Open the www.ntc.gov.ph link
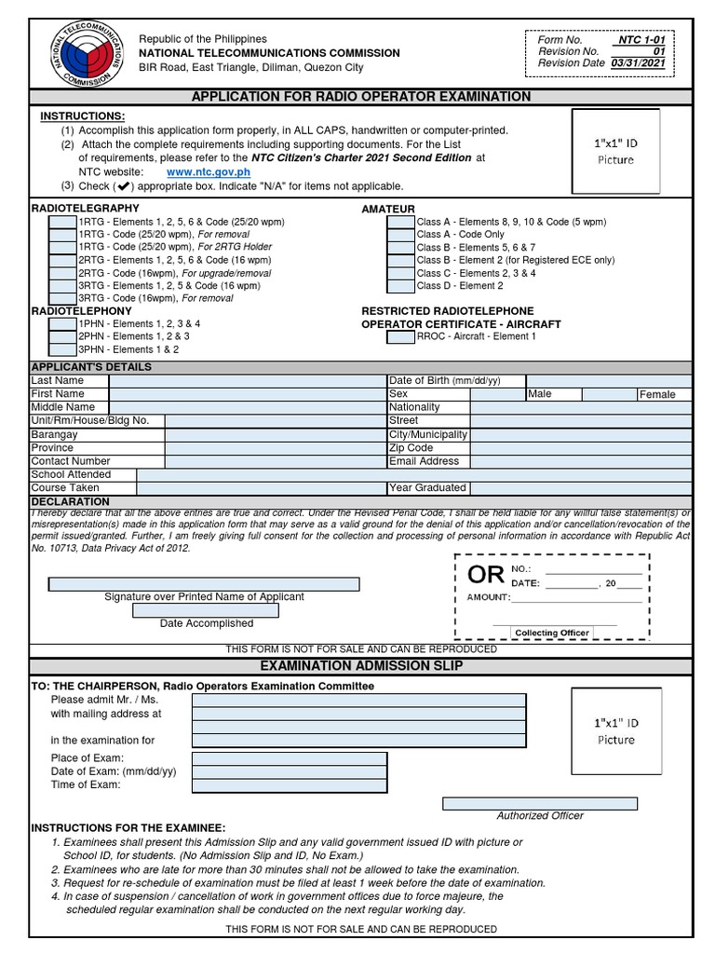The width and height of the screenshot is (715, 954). pos(208,172)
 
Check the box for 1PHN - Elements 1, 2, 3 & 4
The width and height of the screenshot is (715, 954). pos(63,324)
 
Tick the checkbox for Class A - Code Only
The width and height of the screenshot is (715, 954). pos(401,235)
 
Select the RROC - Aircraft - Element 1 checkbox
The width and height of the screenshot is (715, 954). pos(401,337)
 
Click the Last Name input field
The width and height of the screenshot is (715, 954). pos(248,381)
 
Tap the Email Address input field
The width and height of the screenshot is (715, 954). pos(581,461)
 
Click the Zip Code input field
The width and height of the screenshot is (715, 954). pos(581,448)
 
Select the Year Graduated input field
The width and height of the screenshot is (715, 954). pos(581,488)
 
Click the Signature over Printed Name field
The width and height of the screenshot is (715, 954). pos(204,584)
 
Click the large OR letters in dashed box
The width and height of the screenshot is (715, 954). pos(486,576)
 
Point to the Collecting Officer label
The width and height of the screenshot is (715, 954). pos(552,633)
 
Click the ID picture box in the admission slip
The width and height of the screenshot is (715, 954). pos(615,731)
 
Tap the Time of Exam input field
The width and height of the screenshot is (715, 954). pos(290,784)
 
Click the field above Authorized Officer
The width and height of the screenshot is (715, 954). pos(539,803)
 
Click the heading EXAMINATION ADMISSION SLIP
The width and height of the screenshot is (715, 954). pos(360,666)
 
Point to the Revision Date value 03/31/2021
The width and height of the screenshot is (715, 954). pos(638,63)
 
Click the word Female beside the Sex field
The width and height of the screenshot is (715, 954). pos(657,395)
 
